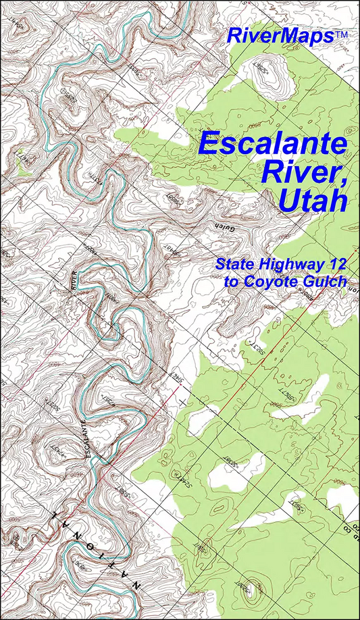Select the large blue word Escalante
(273, 144)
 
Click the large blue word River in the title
(291, 172)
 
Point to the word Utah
(311, 200)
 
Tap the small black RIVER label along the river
(76, 280)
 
